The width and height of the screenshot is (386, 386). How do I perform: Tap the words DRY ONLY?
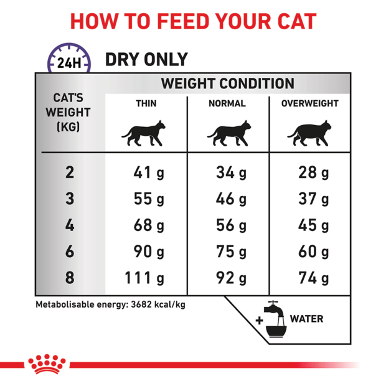[x=146, y=60]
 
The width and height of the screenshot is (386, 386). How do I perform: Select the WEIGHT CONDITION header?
[x=227, y=83]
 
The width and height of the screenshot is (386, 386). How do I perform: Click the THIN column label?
[x=146, y=104]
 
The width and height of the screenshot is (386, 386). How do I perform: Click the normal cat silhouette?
[x=227, y=133]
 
